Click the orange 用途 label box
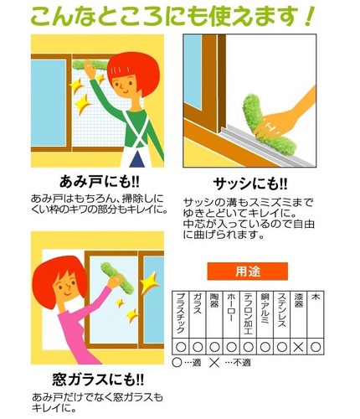click(x=247, y=271)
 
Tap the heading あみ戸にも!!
click(x=100, y=182)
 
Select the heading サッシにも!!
click(x=250, y=184)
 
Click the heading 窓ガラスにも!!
click(x=98, y=380)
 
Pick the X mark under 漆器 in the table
click(x=299, y=347)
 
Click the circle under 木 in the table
click(x=316, y=347)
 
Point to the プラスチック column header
click(x=181, y=313)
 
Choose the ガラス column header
click(x=198, y=303)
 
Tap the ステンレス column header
click(x=282, y=310)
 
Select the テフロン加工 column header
click(x=248, y=313)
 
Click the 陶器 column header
click(x=214, y=300)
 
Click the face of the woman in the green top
click(x=124, y=84)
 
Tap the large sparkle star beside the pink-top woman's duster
click(x=149, y=282)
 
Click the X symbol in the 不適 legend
click(x=214, y=363)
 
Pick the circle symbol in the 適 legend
click(x=177, y=363)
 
